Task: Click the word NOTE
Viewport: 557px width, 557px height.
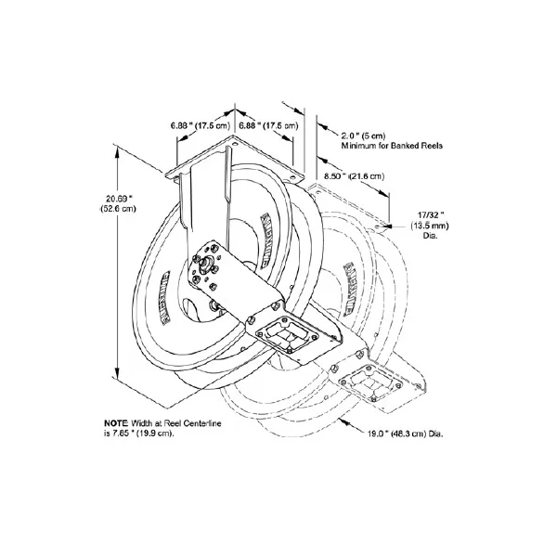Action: [x=115, y=422]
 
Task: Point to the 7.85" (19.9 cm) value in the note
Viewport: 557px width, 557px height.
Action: [x=141, y=434]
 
